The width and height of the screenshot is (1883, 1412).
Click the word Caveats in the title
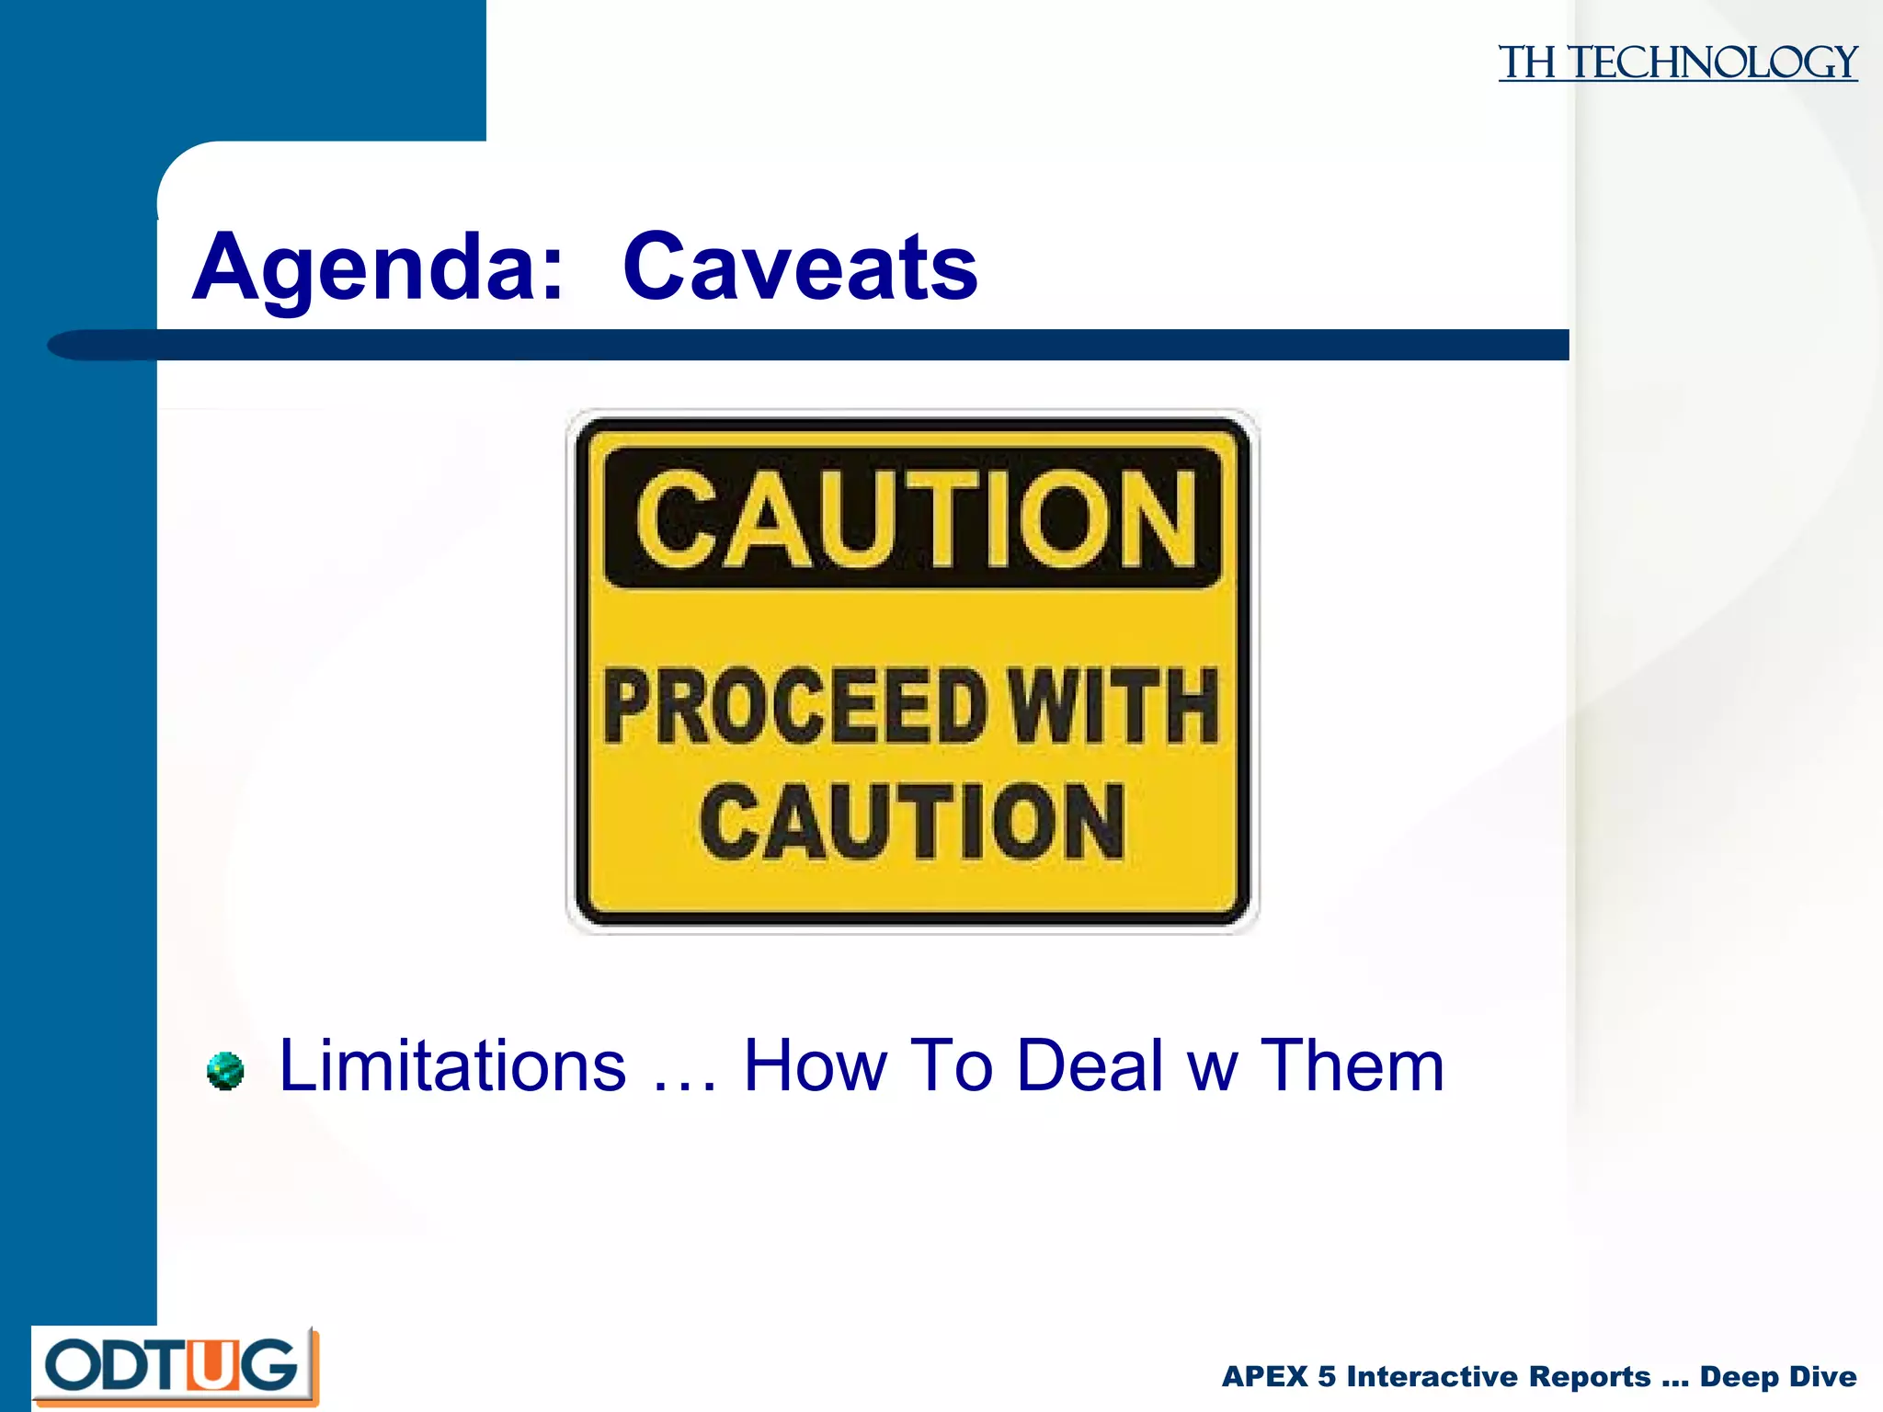800,268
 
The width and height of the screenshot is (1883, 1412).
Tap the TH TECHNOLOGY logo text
1677,63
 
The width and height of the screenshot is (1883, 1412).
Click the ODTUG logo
175,1365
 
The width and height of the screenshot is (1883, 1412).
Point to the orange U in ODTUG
211,1366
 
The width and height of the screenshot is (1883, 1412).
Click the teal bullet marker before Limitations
225,1072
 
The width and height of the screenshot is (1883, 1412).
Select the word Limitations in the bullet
452,1066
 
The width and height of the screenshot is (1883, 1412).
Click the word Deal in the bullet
1090,1066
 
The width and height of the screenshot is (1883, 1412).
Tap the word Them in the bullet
1352,1066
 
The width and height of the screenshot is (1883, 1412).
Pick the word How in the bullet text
815,1066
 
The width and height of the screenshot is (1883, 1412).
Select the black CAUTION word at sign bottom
912,823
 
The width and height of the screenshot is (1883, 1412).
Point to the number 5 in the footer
1327,1376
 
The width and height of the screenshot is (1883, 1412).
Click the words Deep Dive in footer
1777,1376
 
